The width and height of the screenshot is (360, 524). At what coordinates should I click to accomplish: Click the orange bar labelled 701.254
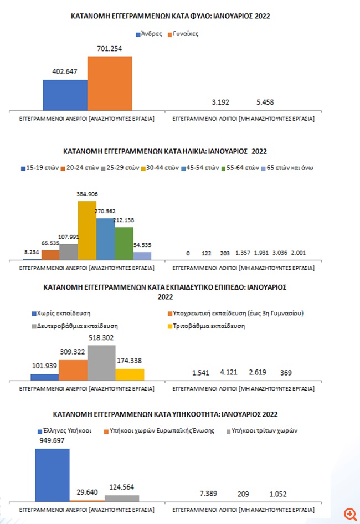[x=110, y=84]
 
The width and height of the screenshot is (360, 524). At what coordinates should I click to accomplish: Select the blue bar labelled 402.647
[x=65, y=95]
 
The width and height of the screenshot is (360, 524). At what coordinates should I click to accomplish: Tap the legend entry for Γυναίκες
[x=183, y=34]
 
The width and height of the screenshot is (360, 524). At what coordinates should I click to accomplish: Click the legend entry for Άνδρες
[x=149, y=34]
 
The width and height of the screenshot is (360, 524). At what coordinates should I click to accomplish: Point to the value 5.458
[x=265, y=102]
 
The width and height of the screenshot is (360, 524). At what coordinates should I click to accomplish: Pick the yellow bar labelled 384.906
[x=87, y=230]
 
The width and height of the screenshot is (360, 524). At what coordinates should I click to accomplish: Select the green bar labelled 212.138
[x=124, y=243]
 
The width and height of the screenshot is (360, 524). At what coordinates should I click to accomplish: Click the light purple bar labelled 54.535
[x=142, y=256]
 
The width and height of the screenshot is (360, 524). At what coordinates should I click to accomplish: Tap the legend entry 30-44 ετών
[x=160, y=168]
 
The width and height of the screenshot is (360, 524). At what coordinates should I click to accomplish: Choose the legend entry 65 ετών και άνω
[x=287, y=168]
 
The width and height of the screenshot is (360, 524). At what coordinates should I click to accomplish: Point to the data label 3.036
[x=280, y=253]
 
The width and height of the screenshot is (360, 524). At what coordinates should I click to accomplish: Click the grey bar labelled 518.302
[x=101, y=363]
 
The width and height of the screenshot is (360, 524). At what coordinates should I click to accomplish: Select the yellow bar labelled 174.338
[x=130, y=374]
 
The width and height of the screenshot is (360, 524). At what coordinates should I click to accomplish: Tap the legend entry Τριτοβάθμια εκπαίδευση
[x=206, y=326]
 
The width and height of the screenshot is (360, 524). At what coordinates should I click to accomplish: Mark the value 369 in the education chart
[x=286, y=373]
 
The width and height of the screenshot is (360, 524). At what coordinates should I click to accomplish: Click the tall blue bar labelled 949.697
[x=52, y=475]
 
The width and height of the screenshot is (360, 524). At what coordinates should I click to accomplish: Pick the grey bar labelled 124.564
[x=122, y=499]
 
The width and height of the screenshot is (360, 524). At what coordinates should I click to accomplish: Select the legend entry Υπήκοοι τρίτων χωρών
[x=262, y=431]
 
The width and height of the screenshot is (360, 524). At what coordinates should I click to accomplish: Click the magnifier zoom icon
[x=350, y=515]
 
